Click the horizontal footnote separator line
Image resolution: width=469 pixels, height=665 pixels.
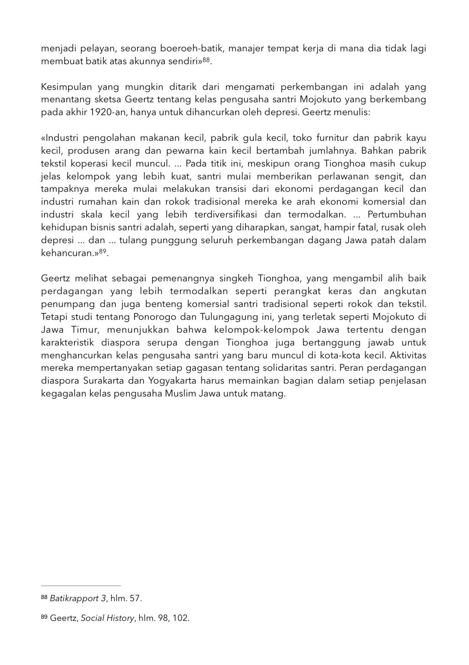click(x=81, y=585)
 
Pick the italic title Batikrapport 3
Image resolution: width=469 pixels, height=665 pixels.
click(x=78, y=598)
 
